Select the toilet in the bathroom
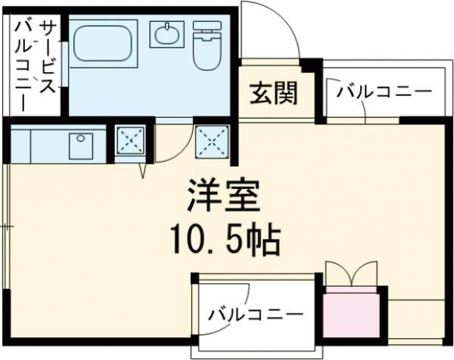[x=205, y=45]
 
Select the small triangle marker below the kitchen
[x=142, y=172]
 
